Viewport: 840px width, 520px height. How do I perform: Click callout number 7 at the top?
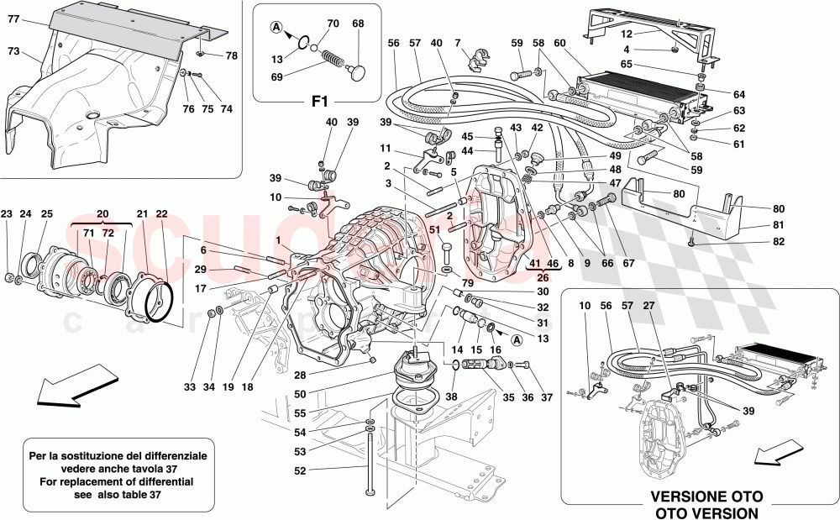click(x=458, y=42)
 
